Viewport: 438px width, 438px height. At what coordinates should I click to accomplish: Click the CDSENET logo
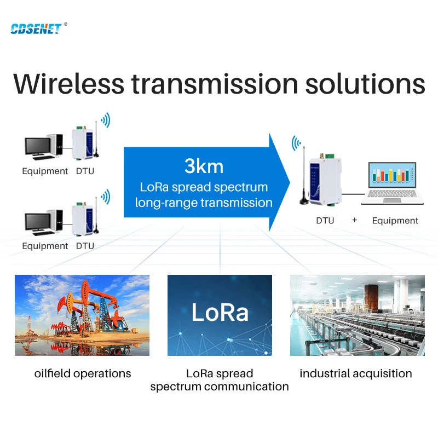click(x=36, y=28)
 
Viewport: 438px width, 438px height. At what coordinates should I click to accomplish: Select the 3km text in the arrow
click(x=203, y=166)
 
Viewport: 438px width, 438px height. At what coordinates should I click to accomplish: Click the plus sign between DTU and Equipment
click(x=354, y=220)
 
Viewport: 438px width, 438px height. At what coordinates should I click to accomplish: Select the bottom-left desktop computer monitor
click(x=38, y=222)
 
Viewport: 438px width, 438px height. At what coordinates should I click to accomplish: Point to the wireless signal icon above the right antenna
click(x=296, y=143)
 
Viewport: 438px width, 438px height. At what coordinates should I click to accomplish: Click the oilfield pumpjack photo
click(x=82, y=315)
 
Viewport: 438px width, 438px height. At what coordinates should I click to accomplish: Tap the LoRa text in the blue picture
click(x=220, y=312)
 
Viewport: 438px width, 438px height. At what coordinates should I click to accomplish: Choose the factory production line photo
click(x=357, y=315)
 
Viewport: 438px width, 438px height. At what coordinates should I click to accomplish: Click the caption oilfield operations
click(x=83, y=373)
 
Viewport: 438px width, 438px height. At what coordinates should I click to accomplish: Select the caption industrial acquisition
click(x=356, y=373)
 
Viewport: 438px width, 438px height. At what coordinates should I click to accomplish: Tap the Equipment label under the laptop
click(x=395, y=221)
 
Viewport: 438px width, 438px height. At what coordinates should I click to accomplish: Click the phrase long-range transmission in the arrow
click(x=204, y=203)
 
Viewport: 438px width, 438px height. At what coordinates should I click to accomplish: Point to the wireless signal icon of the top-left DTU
click(x=104, y=120)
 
